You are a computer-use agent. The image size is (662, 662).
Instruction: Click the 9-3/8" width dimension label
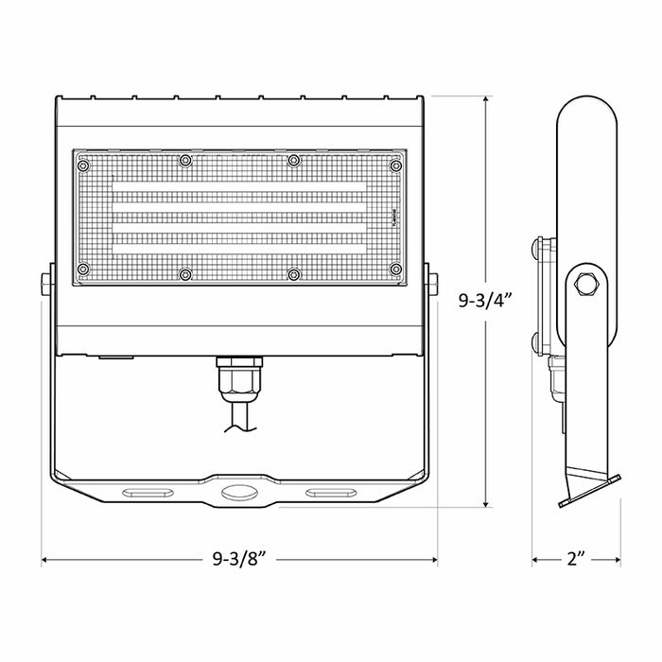(239, 559)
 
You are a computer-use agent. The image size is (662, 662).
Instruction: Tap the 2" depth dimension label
(575, 559)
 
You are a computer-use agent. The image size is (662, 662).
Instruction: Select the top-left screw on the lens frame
(83, 165)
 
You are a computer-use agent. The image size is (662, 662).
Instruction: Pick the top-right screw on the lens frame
(395, 165)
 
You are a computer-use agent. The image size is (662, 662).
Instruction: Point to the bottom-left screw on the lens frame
(83, 269)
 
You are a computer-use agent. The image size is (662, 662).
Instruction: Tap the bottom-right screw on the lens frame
(395, 269)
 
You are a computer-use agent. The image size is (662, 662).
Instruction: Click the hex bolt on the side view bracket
(586, 285)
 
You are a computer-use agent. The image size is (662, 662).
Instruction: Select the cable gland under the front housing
(239, 378)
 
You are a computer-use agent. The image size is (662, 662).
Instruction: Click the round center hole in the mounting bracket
(239, 492)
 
